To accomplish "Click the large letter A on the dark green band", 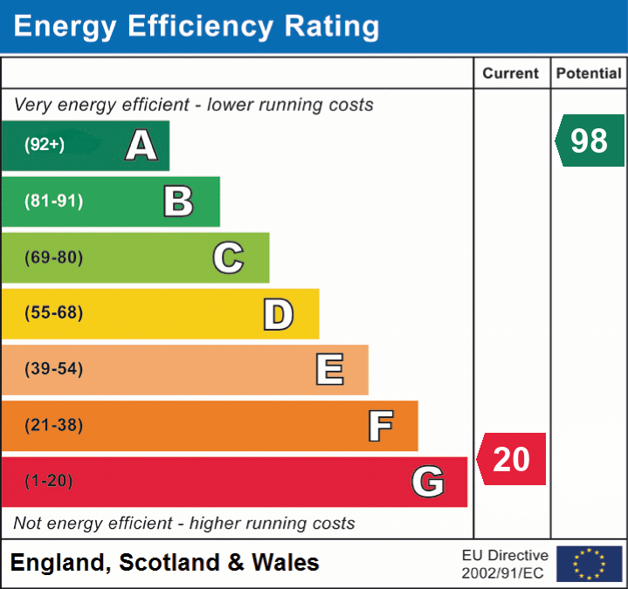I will tap(141, 146).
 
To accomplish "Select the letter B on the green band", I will tap(178, 202).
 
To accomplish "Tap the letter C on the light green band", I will tap(228, 257).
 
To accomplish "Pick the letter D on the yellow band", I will tap(278, 314).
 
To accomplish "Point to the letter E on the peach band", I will tap(329, 370).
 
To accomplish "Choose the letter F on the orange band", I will tap(380, 426).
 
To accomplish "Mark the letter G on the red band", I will tap(428, 482).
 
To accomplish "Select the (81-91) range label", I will tap(53, 202).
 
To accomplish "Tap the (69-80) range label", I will tap(53, 257).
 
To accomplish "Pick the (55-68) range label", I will tap(53, 313).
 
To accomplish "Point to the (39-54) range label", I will tap(53, 369).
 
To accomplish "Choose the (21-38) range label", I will tap(53, 426).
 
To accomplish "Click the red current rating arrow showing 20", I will tap(512, 459).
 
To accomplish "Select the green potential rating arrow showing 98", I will tap(590, 140).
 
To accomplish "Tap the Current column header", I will tap(511, 74).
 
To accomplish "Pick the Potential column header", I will tap(589, 74).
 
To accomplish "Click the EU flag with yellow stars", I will tap(589, 564).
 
